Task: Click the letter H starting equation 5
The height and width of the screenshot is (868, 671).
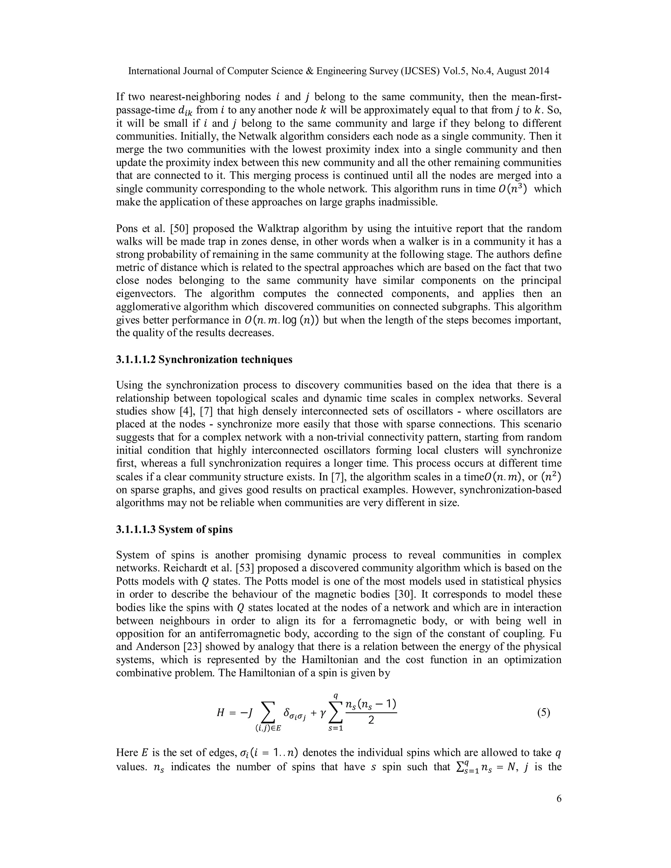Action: coord(220,713)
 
